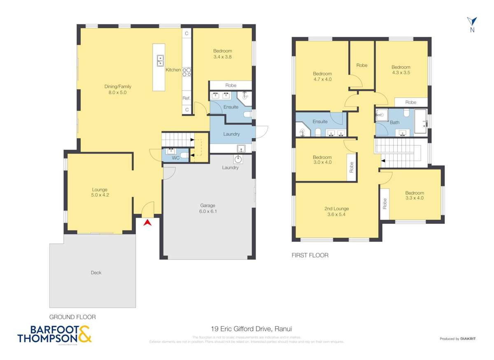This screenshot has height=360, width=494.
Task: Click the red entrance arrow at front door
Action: (x=147, y=223)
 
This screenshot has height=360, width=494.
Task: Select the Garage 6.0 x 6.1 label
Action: (x=208, y=208)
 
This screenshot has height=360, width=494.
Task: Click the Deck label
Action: (x=96, y=272)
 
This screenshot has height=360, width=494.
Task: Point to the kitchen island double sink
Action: (x=159, y=60)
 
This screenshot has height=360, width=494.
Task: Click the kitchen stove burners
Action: (x=186, y=72)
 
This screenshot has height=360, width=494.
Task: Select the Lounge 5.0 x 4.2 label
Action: (x=100, y=192)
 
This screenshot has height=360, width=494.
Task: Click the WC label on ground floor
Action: (x=175, y=158)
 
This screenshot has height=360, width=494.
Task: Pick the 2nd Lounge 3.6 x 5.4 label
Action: (x=336, y=211)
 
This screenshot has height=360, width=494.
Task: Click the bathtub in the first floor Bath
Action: (x=420, y=121)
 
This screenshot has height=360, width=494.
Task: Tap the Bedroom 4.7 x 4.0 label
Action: (x=322, y=77)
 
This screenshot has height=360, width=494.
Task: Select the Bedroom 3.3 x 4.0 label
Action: (x=414, y=195)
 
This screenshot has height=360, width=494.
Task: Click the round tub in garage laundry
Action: (x=238, y=159)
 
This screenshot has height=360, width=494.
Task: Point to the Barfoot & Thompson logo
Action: (x=55, y=334)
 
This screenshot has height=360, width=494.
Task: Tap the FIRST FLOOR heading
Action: (x=310, y=255)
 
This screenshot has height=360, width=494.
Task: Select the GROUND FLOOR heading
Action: (x=72, y=317)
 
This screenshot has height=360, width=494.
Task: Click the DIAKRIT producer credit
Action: (x=457, y=339)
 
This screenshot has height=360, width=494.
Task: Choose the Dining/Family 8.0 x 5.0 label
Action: (x=117, y=89)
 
